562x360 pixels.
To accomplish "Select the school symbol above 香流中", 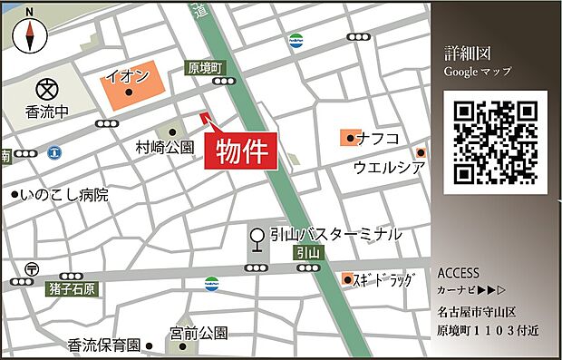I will pyautogui.click(x=46, y=90).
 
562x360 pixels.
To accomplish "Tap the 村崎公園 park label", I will pyautogui.click(x=165, y=146).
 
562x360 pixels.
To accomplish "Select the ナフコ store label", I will pyautogui.click(x=379, y=138).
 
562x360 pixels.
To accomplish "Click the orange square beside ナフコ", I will pyautogui.click(x=348, y=138).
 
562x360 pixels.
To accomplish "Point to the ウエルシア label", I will pyautogui.click(x=390, y=167).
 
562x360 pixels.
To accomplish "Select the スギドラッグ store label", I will pyautogui.click(x=385, y=280).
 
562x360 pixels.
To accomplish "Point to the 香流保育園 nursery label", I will pyautogui.click(x=104, y=345).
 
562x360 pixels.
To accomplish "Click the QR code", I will pyautogui.click(x=495, y=142).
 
